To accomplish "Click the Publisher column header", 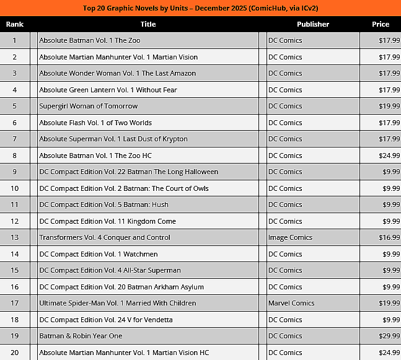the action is point(312,24).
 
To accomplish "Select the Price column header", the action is point(381,24).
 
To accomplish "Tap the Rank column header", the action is point(14,24).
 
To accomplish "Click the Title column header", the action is point(148,24).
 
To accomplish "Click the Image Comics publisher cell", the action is point(289,237).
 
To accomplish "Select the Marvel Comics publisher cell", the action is point(291,303).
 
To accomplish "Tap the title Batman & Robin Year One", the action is point(81,336).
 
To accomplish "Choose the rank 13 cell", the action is point(14,237).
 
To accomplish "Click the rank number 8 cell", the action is point(14,156).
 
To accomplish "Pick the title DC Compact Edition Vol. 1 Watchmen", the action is point(99,254).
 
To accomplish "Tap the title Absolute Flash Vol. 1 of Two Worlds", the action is point(95,123).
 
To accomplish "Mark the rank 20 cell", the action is point(14,353).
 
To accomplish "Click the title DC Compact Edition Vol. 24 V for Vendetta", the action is point(106,320).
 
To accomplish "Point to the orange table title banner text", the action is point(200,8).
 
